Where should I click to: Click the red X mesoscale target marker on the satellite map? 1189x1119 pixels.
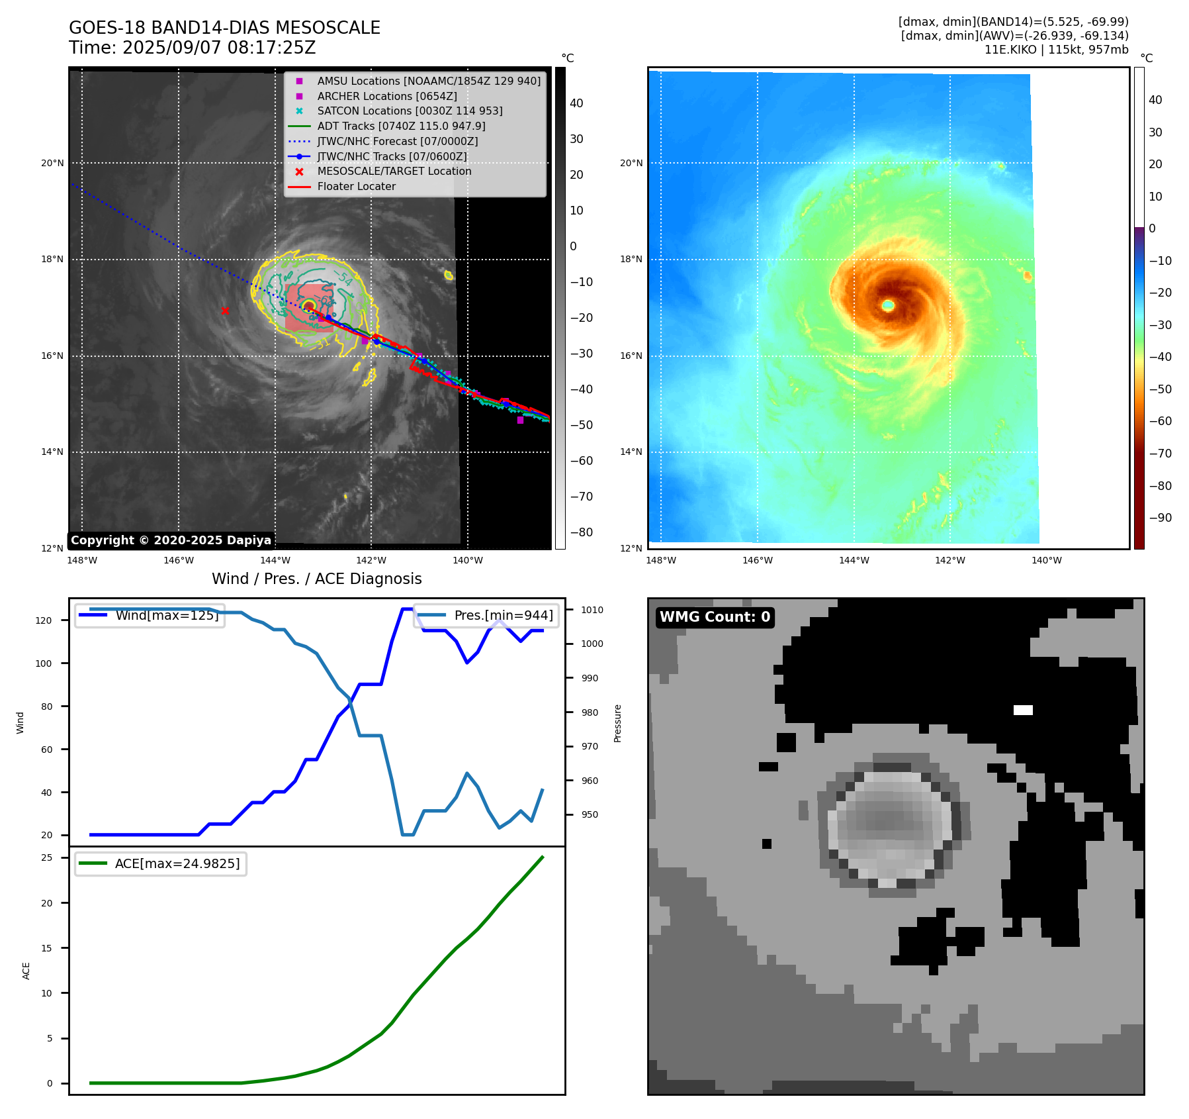click(225, 311)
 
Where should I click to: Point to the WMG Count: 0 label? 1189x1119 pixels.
click(715, 617)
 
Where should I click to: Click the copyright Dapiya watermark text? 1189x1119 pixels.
click(171, 540)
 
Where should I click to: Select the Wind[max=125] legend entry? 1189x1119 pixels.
click(166, 615)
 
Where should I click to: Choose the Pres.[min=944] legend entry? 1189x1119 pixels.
click(503, 615)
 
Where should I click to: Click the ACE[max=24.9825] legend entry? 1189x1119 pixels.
click(177, 863)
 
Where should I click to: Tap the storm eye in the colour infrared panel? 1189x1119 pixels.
click(888, 305)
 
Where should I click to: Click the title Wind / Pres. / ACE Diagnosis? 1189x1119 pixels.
click(316, 579)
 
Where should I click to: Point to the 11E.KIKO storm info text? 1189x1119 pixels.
click(1056, 50)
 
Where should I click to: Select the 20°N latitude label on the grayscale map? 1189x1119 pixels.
click(53, 163)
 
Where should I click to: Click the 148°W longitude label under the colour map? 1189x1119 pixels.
click(660, 560)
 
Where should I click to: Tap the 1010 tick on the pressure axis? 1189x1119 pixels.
click(592, 610)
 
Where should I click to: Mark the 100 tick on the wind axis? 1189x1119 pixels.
click(44, 663)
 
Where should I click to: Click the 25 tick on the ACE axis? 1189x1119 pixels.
click(47, 857)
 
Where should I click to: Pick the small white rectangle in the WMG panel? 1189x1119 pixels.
click(1023, 710)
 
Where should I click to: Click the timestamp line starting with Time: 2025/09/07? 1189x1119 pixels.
click(193, 48)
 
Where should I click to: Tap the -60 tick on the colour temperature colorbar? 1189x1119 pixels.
click(1160, 421)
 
